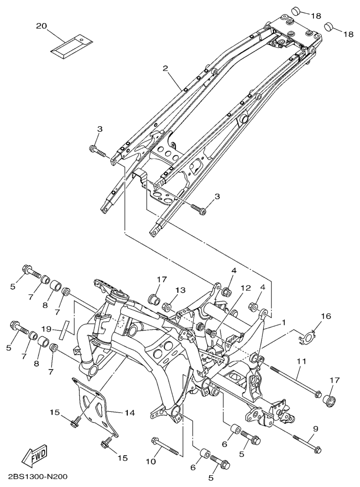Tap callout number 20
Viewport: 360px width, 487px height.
[x=41, y=26]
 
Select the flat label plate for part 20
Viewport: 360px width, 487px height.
[x=72, y=46]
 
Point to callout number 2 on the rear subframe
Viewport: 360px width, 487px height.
[x=165, y=68]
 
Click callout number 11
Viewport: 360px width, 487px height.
[x=301, y=361]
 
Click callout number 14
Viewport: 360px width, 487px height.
[x=130, y=413]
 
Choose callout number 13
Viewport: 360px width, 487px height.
[x=180, y=290]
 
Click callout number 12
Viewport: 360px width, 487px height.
[x=245, y=288]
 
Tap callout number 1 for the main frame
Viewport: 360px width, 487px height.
[x=283, y=322]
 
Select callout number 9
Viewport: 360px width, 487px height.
[x=315, y=429]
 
